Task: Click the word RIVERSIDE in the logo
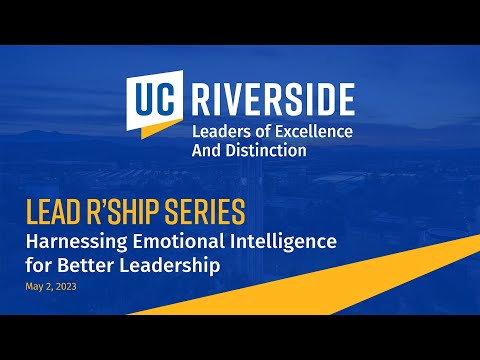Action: pos(271,99)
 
